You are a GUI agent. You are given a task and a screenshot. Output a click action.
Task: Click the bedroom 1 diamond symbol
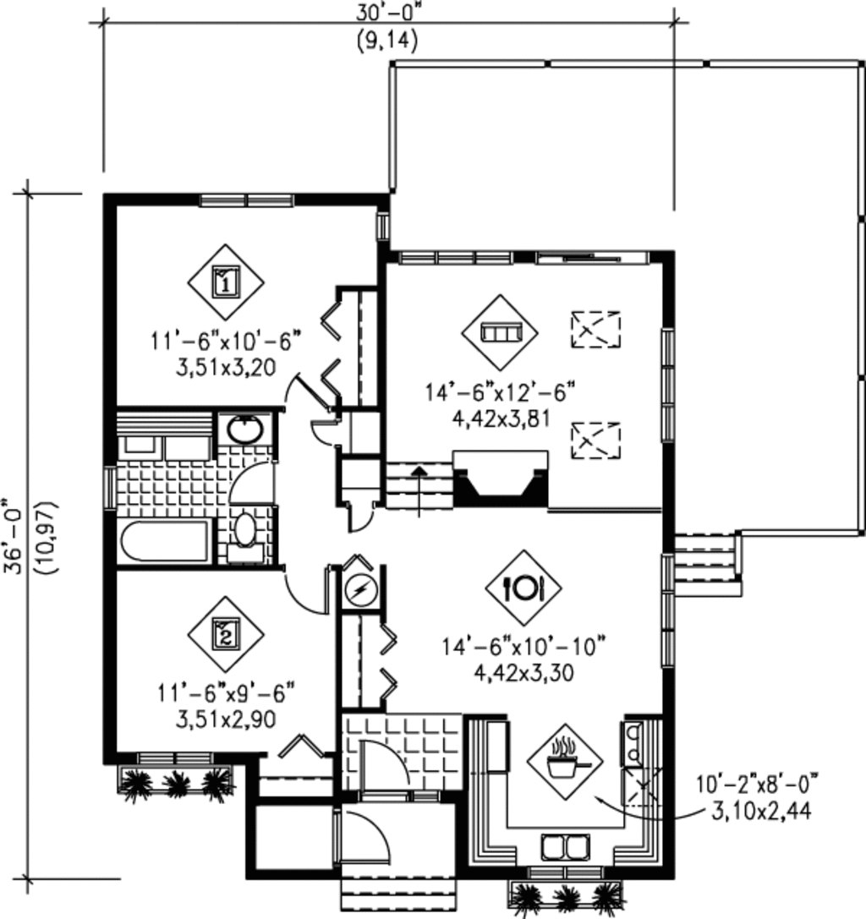(226, 282)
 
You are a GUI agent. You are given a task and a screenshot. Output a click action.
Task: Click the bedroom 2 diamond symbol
(226, 632)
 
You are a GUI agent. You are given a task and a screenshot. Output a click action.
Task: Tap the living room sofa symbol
(500, 332)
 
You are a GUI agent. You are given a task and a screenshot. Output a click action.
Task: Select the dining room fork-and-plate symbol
(523, 587)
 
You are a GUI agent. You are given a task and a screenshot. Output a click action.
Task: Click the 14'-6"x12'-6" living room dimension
(501, 392)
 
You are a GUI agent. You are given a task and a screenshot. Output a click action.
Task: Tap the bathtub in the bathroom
(165, 542)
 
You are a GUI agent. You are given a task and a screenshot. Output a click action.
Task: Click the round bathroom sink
(246, 429)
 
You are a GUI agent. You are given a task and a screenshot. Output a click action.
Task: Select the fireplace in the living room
(500, 479)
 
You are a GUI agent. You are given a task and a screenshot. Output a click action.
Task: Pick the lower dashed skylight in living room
(595, 440)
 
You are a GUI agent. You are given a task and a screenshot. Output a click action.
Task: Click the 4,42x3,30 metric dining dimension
(523, 672)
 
